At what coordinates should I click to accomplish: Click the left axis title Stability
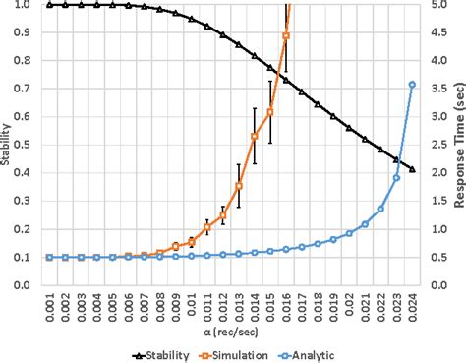8,146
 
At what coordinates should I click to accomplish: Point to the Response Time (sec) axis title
458,146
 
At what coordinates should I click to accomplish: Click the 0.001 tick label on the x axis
49,306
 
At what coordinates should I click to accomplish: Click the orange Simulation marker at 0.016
286,36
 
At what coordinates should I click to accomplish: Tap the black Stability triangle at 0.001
49,5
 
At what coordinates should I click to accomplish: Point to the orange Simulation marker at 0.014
255,137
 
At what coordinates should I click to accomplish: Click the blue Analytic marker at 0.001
49,257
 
